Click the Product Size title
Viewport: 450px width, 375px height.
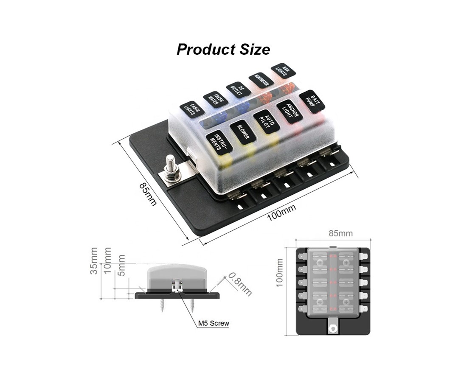click(x=223, y=49)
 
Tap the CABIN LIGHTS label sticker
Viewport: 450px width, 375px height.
click(x=191, y=109)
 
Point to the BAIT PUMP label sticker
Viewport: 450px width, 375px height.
click(x=312, y=101)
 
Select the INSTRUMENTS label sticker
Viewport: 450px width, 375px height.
click(x=219, y=142)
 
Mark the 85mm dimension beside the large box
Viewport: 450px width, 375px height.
click(x=148, y=194)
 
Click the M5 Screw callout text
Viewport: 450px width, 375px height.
click(x=214, y=324)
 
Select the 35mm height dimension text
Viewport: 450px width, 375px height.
click(x=94, y=261)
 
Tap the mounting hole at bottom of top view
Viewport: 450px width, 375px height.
click(x=333, y=327)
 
